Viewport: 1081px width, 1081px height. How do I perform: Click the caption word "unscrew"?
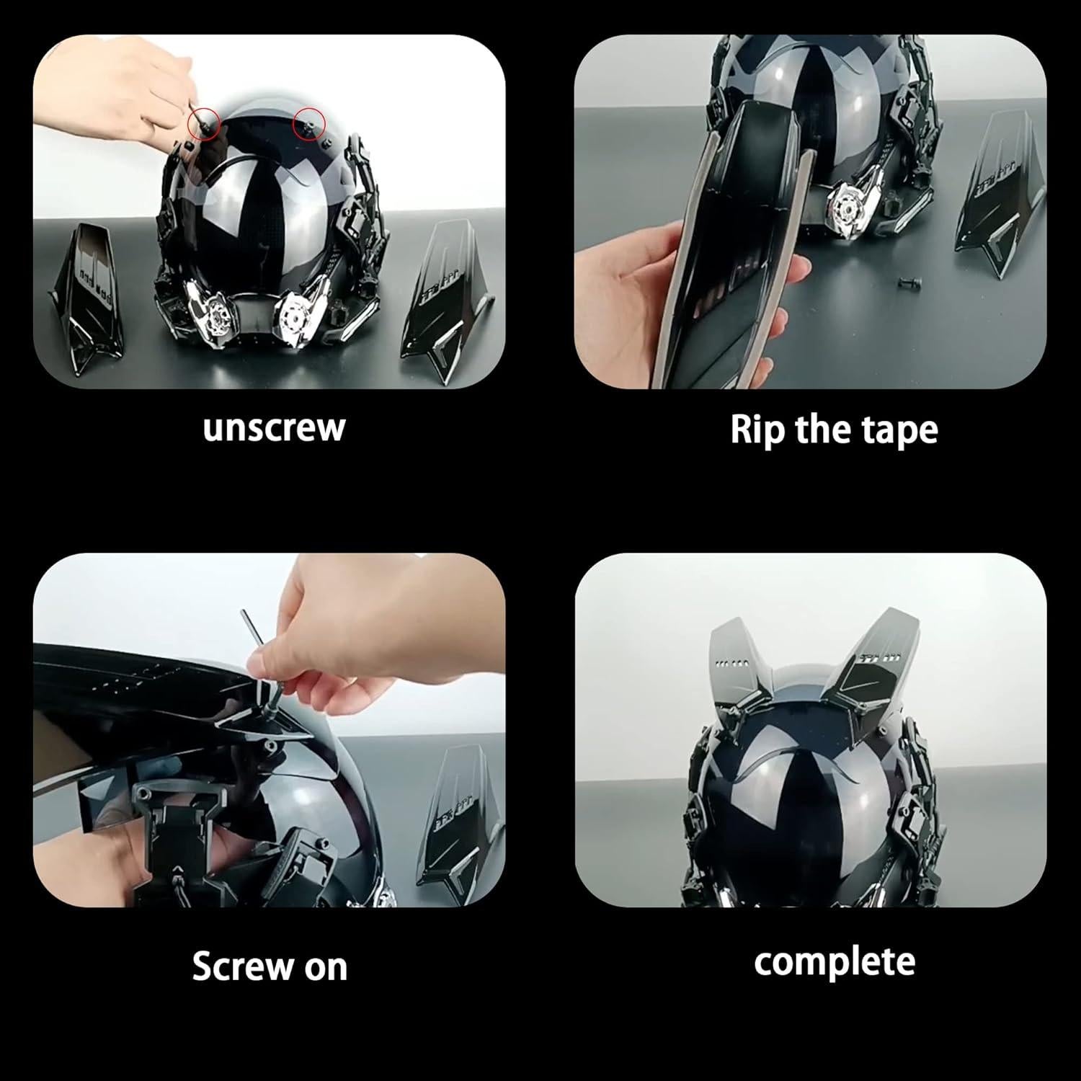pyautogui.click(x=274, y=428)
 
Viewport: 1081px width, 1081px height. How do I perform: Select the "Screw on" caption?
pyautogui.click(x=270, y=966)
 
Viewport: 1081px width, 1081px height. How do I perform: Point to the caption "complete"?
pyautogui.click(x=834, y=962)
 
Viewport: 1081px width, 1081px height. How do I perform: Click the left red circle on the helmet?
pyautogui.click(x=203, y=124)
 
